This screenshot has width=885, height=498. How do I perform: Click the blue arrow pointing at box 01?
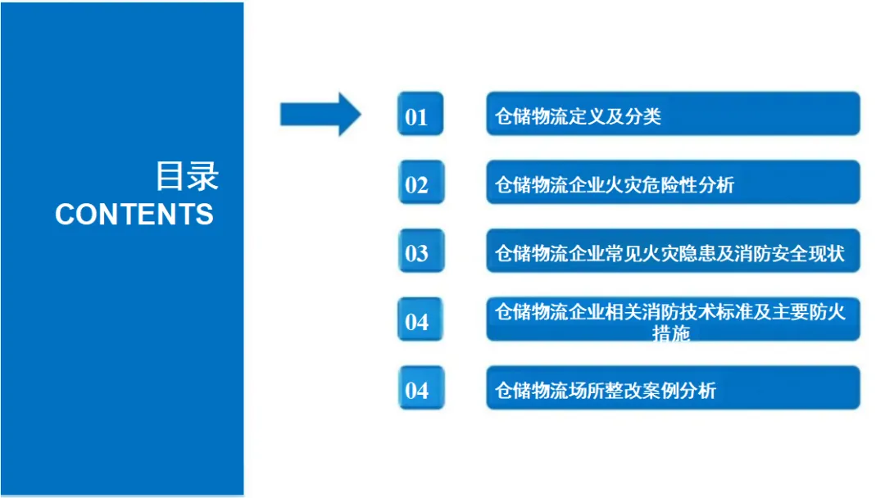320,114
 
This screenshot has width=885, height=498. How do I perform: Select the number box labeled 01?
420,115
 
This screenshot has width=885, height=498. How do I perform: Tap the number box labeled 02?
420,183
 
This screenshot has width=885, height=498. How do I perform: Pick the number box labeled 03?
420,251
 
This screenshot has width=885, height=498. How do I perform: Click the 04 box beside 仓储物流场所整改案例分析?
420,389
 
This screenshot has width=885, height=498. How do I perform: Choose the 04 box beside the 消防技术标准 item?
420,320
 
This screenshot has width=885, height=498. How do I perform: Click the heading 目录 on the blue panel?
187,176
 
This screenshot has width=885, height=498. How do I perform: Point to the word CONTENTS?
134,215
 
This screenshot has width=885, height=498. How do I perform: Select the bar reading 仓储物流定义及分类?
672,115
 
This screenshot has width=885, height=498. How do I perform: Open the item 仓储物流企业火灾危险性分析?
672,183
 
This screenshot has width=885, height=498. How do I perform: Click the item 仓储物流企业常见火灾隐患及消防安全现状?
672,252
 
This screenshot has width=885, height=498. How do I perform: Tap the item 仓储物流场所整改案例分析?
672,390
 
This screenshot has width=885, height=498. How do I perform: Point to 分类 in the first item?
646,116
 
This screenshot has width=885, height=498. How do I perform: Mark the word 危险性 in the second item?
674,185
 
